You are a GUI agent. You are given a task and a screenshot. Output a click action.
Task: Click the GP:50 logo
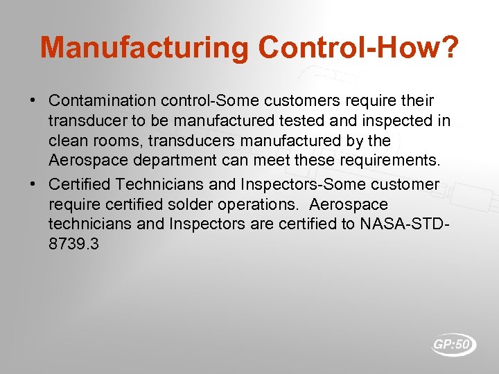click(x=454, y=344)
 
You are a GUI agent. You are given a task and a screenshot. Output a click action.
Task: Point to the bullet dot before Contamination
click(x=33, y=101)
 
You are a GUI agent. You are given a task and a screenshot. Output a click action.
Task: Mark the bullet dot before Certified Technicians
click(x=33, y=184)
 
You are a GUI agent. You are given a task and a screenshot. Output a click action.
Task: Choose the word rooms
click(x=121, y=141)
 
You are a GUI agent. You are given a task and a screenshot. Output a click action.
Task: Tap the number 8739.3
click(x=73, y=244)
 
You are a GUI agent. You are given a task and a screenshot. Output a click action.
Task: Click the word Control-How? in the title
click(x=358, y=48)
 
